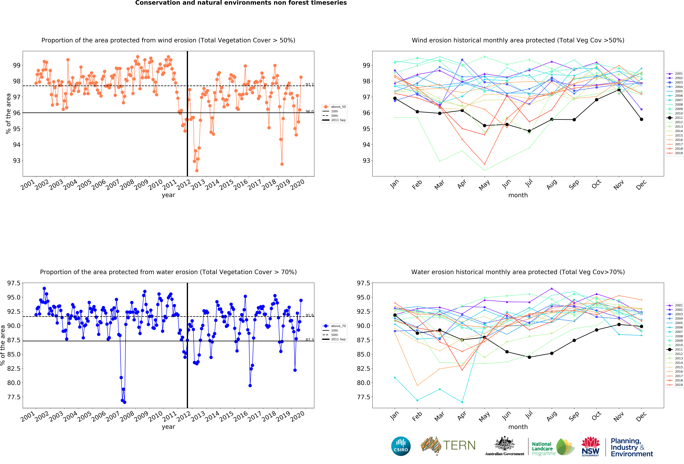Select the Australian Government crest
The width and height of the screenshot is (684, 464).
point(504,444)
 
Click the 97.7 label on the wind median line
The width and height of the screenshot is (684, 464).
point(309,85)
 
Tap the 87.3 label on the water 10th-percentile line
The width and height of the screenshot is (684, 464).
point(309,340)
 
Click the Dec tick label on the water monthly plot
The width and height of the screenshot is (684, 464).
point(641,416)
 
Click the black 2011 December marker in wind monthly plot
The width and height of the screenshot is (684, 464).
point(641,119)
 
